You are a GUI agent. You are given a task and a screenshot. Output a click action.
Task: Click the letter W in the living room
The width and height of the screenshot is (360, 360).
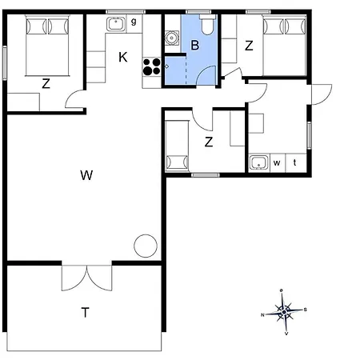tap(86, 175)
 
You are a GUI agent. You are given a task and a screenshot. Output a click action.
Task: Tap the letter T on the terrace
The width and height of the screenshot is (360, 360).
tap(85, 312)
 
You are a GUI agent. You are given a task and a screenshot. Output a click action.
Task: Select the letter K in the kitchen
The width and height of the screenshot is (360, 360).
tap(123, 57)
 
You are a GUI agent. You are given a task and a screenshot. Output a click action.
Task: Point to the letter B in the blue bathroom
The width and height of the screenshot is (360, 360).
tap(195, 45)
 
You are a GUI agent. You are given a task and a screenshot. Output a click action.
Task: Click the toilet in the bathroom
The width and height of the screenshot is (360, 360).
tap(207, 25)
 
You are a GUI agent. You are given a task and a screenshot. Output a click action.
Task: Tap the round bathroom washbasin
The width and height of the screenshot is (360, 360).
tap(170, 38)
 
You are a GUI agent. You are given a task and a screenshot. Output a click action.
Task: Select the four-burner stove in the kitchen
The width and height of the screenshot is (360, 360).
tap(151, 66)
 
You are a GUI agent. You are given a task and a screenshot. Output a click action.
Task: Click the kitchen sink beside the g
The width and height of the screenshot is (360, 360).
tap(116, 24)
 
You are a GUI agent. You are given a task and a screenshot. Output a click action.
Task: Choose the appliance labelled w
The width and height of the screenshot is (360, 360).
tap(278, 162)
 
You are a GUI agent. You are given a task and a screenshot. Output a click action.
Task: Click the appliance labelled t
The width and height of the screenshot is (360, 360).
tap(295, 162)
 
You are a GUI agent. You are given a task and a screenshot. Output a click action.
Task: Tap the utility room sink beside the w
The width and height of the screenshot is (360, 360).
tap(258, 162)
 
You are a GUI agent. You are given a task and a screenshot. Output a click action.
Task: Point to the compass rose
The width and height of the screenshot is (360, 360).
tap(284, 312)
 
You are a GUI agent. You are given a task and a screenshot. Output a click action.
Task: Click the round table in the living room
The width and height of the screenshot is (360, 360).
tap(146, 246)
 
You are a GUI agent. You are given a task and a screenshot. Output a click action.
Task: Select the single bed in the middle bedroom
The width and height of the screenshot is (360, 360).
tap(177, 146)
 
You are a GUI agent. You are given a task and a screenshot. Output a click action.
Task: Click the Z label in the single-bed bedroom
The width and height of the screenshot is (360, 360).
tap(209, 142)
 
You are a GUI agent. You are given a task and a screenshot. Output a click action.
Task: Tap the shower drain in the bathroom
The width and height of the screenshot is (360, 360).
tap(166, 66)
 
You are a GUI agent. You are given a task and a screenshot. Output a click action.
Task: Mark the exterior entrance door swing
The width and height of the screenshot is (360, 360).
tap(322, 94)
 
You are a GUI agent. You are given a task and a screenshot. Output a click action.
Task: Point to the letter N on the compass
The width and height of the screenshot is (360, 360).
tap(262, 315)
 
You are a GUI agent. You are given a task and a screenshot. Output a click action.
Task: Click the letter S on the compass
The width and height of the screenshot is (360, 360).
tap(306, 310)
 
